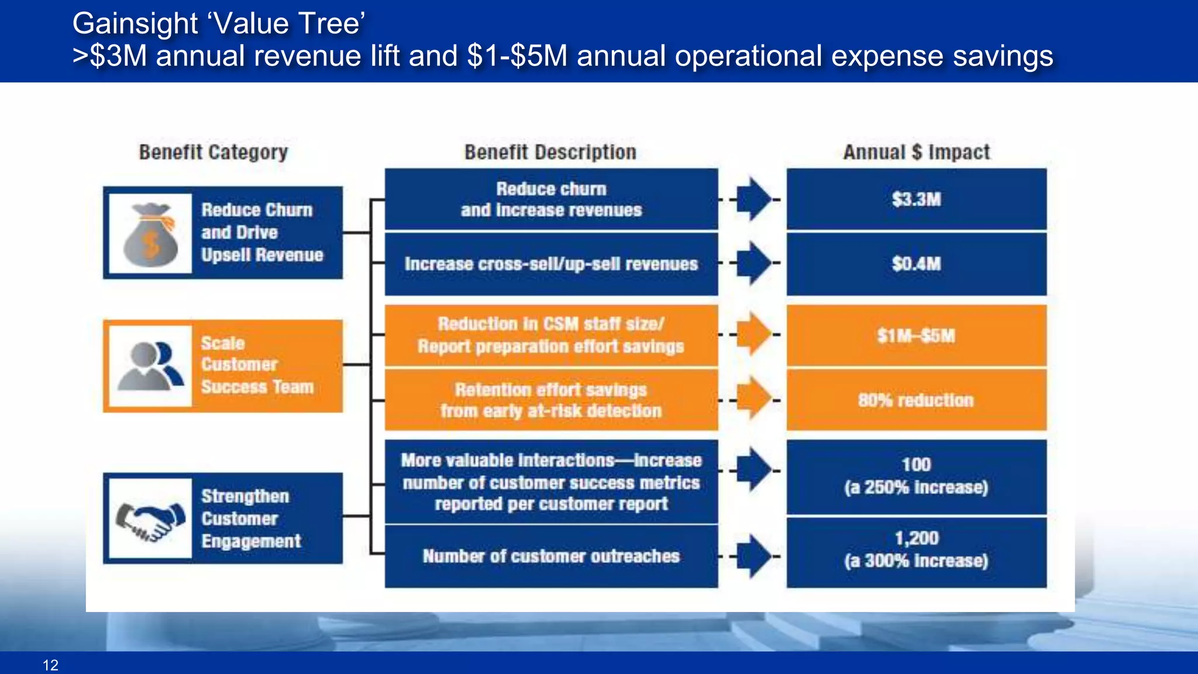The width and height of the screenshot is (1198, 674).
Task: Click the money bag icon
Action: click(150, 235)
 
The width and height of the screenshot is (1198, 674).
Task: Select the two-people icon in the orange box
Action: click(150, 366)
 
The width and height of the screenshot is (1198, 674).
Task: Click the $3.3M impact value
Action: click(916, 200)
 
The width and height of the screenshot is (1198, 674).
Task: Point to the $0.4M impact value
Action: click(916, 264)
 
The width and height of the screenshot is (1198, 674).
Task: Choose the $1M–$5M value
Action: click(916, 336)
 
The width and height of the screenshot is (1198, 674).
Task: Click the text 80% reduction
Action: click(916, 401)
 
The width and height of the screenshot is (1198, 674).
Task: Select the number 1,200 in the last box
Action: click(916, 538)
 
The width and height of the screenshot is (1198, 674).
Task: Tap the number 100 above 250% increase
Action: click(916, 465)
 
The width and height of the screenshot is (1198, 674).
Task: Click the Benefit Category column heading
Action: click(214, 153)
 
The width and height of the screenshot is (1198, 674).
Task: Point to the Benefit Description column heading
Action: click(550, 153)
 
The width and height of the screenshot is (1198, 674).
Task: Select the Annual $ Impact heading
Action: click(916, 153)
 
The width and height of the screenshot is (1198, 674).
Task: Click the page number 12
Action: click(50, 665)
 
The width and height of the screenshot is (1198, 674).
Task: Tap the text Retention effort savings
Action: click(550, 390)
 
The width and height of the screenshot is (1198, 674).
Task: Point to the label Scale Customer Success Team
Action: click(257, 365)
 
